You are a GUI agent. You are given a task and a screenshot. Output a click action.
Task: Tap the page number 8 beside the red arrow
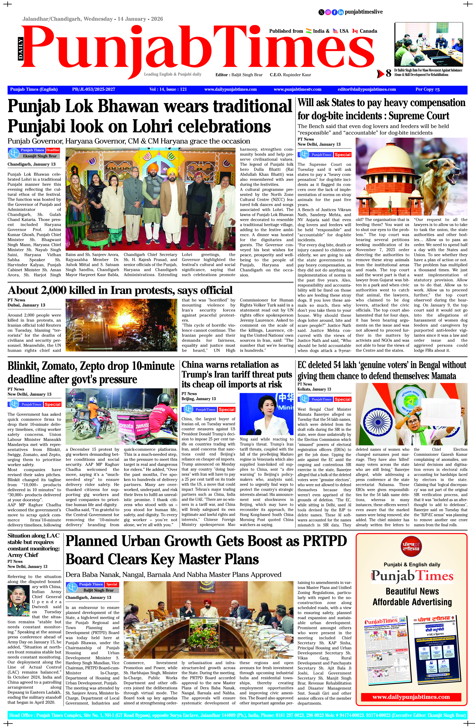coord(388,73)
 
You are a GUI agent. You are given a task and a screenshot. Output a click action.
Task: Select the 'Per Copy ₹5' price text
coord(427,90)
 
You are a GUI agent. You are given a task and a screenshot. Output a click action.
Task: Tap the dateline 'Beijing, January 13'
coord(199,399)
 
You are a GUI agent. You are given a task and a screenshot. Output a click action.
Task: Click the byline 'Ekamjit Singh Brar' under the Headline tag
coord(40,156)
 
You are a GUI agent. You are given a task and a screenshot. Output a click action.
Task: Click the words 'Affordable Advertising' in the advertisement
coord(412,602)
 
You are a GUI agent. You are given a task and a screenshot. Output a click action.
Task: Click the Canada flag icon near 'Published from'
coord(355,31)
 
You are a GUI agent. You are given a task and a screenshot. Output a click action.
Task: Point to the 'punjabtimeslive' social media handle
coord(363,12)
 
